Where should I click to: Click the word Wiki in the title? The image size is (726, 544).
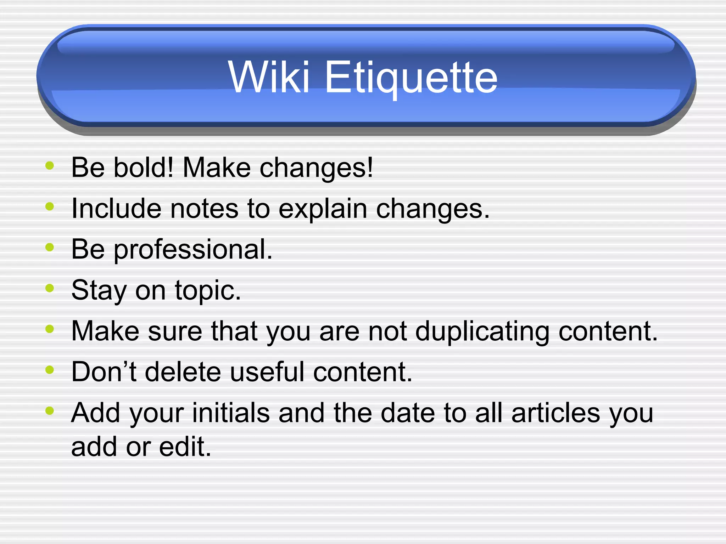point(269,77)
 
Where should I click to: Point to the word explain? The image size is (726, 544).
point(323,209)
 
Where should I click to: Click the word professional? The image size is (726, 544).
point(193,250)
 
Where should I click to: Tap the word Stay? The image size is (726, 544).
point(99,290)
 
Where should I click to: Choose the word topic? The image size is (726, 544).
point(208,290)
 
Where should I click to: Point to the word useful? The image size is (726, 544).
point(267,372)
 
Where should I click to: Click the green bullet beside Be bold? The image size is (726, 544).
point(50,165)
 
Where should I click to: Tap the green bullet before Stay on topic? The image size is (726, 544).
point(50,288)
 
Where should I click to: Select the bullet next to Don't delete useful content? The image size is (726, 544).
point(50,370)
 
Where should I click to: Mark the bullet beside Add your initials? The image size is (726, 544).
point(50,411)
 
